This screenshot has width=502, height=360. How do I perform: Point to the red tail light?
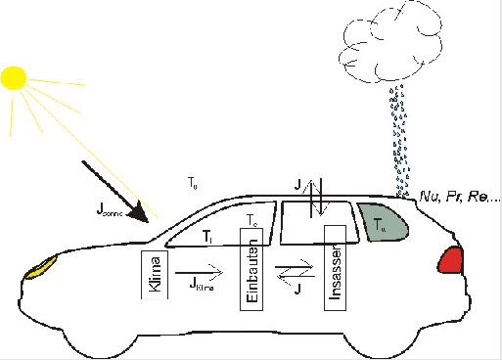tap(451, 259)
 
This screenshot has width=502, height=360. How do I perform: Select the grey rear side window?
tap(382, 223)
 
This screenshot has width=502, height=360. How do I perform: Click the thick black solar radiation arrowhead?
tap(143, 210)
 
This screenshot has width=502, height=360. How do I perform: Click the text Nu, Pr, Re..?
tap(457, 196)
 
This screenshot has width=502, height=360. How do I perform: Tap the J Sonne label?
tap(114, 208)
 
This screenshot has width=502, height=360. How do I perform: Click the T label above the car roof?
tap(193, 182)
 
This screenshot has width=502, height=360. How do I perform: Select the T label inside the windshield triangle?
tap(207, 236)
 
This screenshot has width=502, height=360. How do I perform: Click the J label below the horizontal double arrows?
tap(296, 289)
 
